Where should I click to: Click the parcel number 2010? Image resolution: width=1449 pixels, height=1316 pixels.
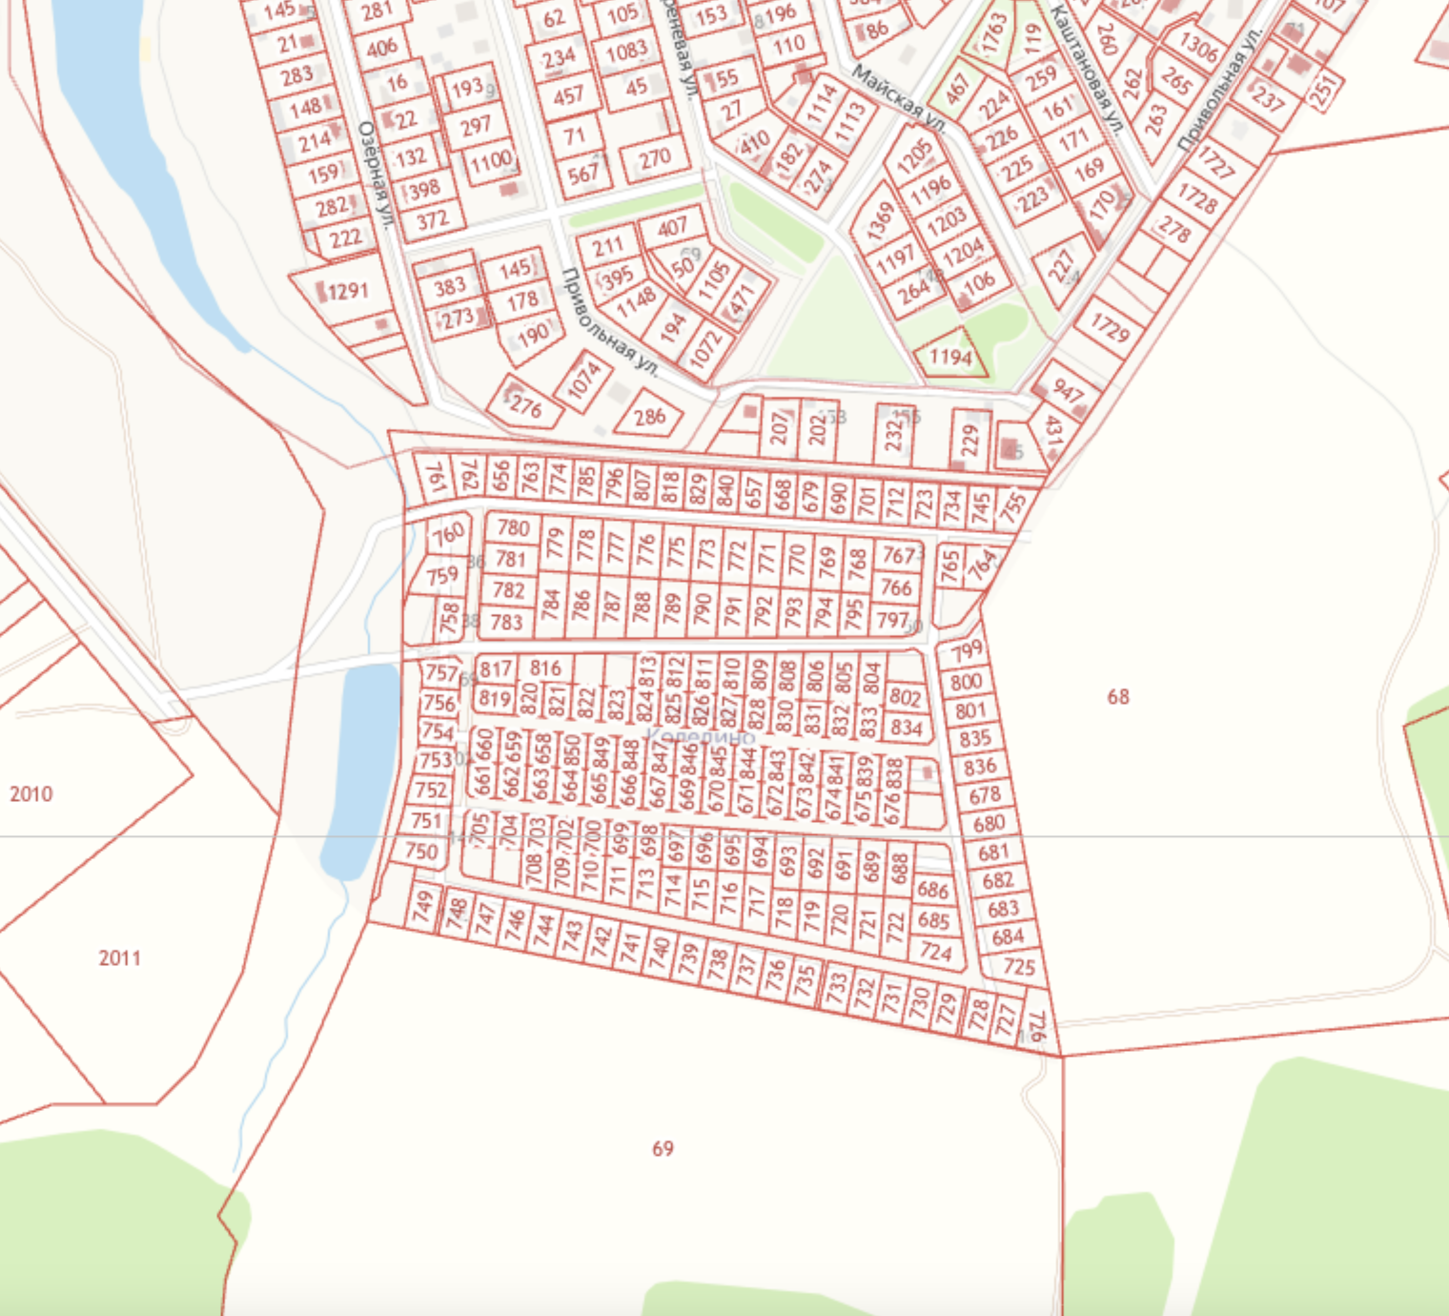[x=31, y=793]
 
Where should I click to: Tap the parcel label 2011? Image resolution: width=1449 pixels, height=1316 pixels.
[x=119, y=957]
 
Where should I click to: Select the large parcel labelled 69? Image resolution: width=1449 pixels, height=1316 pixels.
[x=663, y=1148]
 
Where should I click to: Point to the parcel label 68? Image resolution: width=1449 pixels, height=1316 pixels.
[x=1117, y=696]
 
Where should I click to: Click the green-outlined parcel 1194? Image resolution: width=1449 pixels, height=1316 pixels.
[x=950, y=357]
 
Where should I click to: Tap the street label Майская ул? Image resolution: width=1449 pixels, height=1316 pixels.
[x=898, y=98]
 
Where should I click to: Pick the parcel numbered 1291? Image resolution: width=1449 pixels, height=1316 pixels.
[x=347, y=290]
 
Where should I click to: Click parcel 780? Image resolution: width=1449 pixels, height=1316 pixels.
[x=512, y=527]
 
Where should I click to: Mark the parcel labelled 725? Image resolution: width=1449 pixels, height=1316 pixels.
[x=1018, y=966]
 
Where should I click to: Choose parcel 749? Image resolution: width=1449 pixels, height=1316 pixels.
[x=422, y=904]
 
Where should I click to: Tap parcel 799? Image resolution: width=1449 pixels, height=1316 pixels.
[x=966, y=651]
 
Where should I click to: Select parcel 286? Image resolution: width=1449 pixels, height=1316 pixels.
[x=649, y=417]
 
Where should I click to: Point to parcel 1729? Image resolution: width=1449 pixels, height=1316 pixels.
[x=1110, y=327]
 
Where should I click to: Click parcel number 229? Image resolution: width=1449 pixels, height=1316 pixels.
[x=970, y=440]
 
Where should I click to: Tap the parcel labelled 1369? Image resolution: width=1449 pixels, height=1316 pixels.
[x=880, y=220]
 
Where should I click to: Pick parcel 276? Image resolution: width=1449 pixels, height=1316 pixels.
[x=525, y=406]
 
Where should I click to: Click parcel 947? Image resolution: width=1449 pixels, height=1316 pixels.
[x=1068, y=391]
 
